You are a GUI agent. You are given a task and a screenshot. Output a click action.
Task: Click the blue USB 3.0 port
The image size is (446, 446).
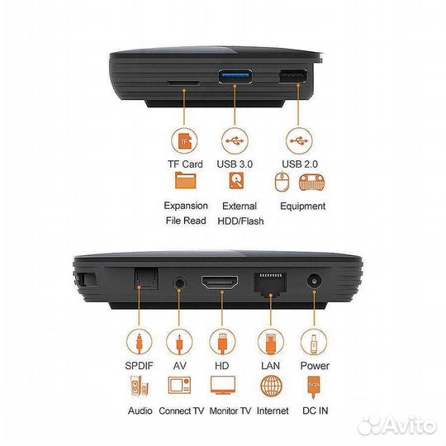[235, 76]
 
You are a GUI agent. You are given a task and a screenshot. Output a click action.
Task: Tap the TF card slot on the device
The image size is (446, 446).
[183, 83]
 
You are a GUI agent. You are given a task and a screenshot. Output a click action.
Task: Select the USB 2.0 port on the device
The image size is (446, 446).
[292, 76]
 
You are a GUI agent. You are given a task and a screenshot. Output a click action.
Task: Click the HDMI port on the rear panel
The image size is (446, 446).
[220, 282]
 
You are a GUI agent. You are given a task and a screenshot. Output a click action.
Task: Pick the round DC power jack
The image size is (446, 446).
[315, 282]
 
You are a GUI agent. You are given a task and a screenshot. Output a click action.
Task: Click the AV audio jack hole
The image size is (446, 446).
[179, 283]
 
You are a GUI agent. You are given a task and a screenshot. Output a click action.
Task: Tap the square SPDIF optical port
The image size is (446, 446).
[145, 279]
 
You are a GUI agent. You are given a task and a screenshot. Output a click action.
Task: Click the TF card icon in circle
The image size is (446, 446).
[184, 141]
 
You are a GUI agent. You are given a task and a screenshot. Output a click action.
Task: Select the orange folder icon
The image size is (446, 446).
[186, 180]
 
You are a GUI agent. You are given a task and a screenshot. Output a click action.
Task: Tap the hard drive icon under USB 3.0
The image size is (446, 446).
[236, 181]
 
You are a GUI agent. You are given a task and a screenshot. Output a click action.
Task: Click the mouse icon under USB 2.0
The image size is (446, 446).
[282, 182]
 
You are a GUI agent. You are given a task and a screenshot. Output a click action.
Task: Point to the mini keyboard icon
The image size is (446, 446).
[311, 183]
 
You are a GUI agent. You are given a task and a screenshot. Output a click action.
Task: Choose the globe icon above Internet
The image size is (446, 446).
[272, 386]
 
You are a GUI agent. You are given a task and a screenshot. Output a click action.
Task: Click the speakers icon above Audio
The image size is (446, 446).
[140, 386]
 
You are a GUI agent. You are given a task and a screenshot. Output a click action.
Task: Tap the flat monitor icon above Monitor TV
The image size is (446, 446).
[223, 385]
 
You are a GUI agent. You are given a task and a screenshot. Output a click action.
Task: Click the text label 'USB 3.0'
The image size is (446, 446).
[235, 164]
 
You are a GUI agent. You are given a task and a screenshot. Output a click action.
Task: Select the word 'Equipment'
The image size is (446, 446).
[302, 206]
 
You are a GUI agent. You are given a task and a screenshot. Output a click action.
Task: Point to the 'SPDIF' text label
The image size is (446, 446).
[139, 366]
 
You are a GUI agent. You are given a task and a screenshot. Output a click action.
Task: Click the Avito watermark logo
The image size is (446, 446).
[397, 425]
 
